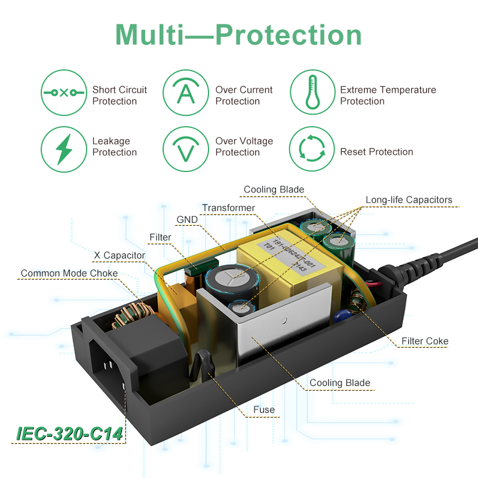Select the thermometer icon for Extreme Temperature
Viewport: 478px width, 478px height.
(x=312, y=93)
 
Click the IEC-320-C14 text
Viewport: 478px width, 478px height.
(x=71, y=434)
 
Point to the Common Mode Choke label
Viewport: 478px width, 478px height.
(x=69, y=274)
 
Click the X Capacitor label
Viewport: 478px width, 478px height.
(x=119, y=256)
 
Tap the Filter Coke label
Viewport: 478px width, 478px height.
(x=425, y=342)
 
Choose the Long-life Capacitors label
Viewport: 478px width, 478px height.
(x=409, y=200)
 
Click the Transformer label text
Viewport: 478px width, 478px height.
(x=228, y=209)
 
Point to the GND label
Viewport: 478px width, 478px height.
(x=187, y=220)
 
